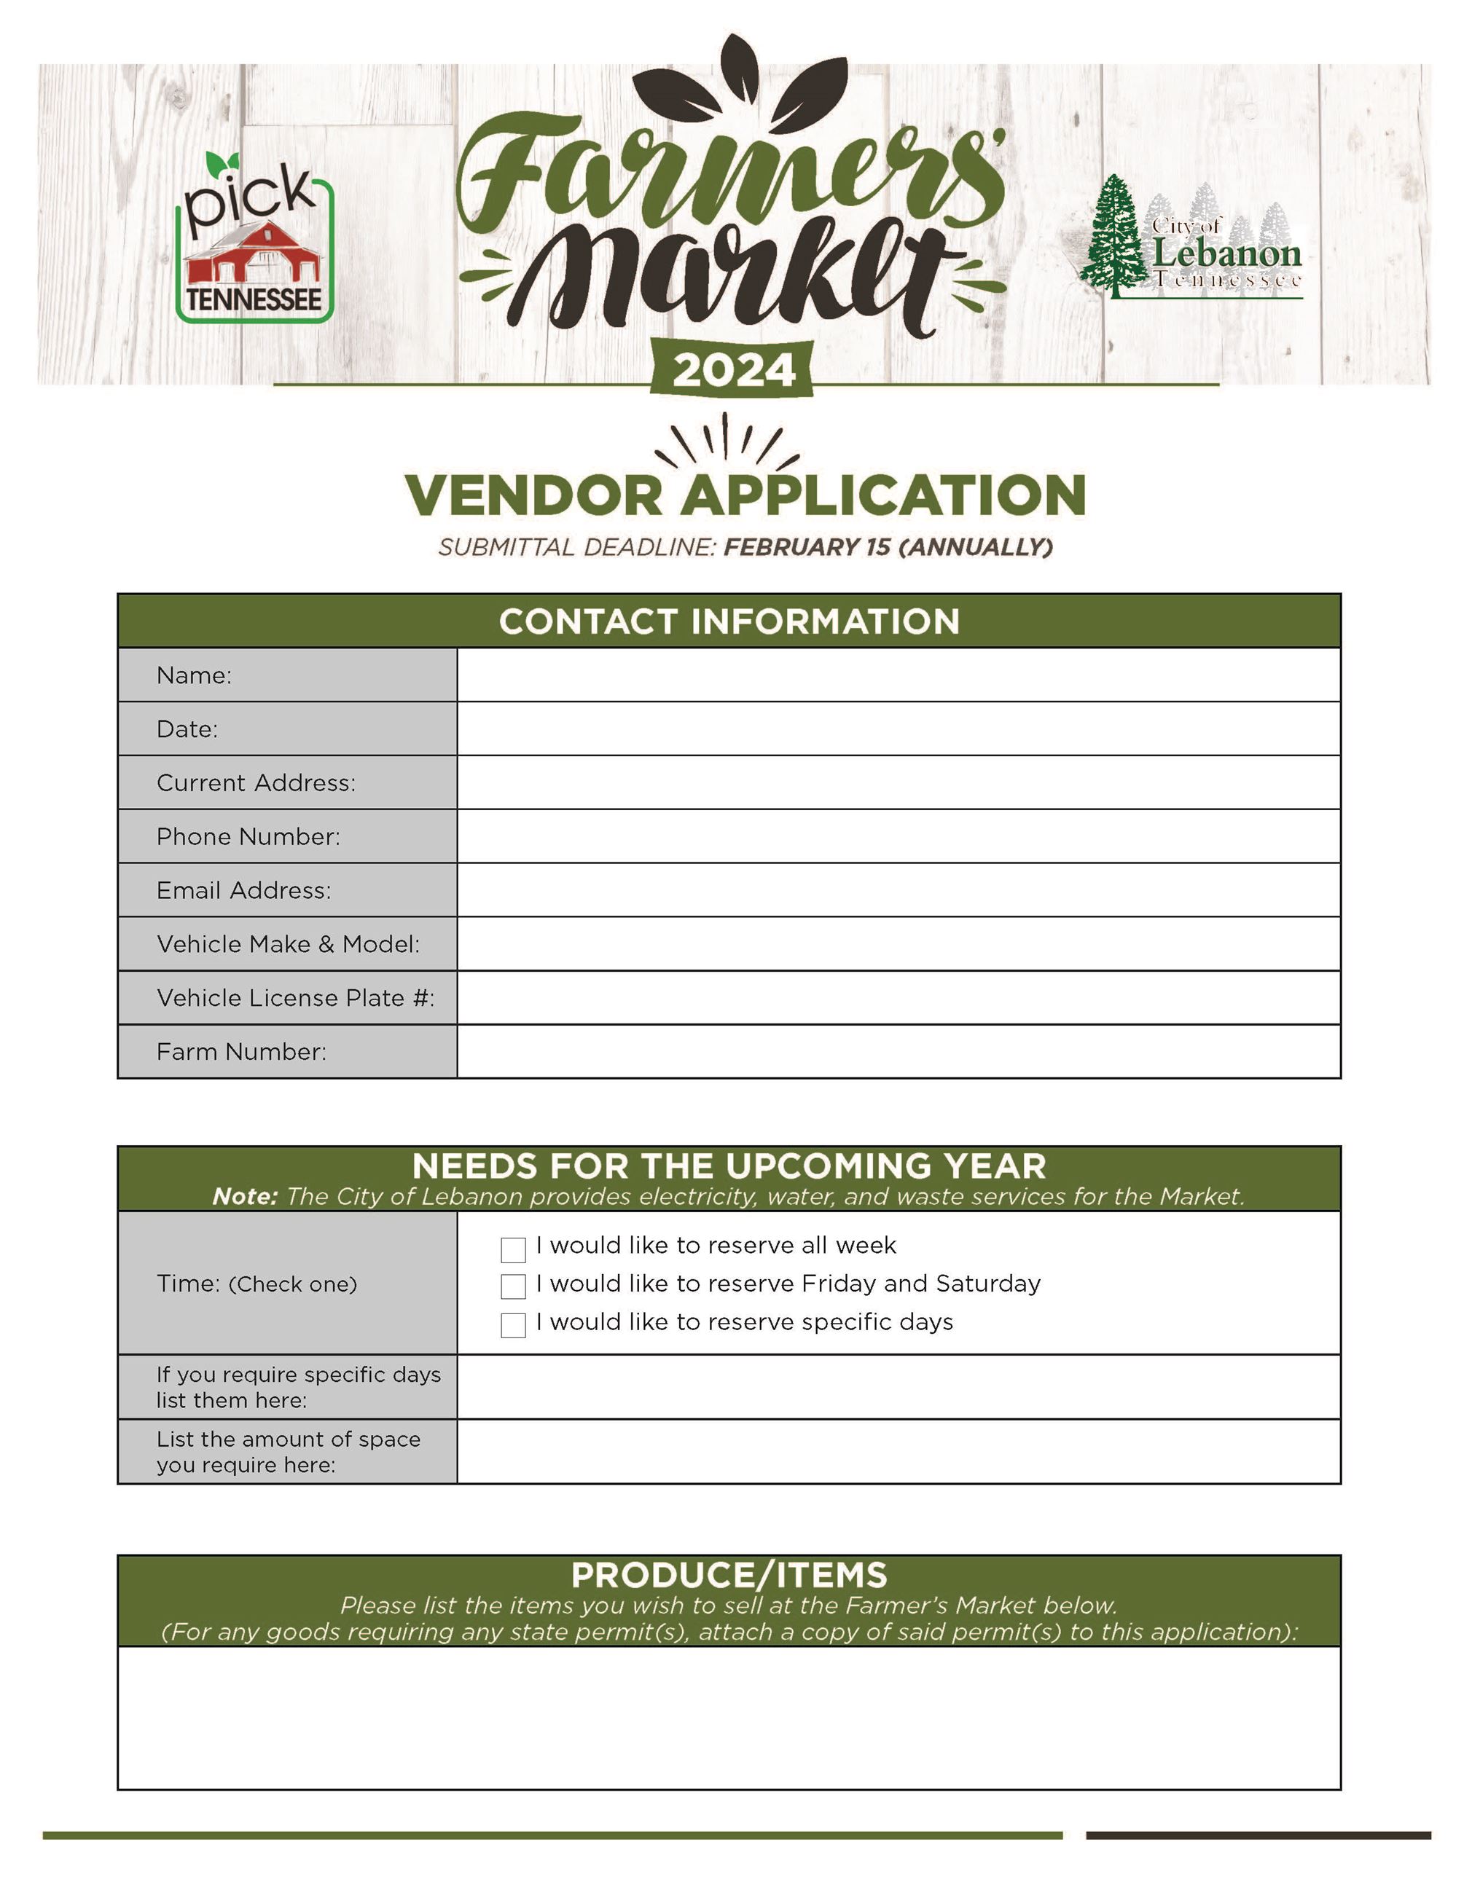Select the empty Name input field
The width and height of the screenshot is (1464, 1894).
pos(898,675)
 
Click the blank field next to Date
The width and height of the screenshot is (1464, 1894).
pos(898,728)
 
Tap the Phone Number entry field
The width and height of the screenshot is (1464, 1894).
pos(898,836)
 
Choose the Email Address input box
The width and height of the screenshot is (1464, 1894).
pos(898,889)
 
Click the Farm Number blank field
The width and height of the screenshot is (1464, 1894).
pos(898,1051)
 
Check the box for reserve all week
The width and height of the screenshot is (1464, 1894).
pos(514,1249)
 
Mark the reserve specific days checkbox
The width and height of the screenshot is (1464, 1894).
pos(514,1325)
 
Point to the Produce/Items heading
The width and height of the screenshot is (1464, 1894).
pos(729,1574)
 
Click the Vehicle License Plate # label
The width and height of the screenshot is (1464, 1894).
pos(295,997)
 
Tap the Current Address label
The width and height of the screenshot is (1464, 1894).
pos(256,782)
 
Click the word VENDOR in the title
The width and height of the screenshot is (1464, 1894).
pos(533,495)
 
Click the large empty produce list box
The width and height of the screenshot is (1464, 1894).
pos(729,1717)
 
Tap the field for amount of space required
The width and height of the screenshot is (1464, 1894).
pos(898,1452)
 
